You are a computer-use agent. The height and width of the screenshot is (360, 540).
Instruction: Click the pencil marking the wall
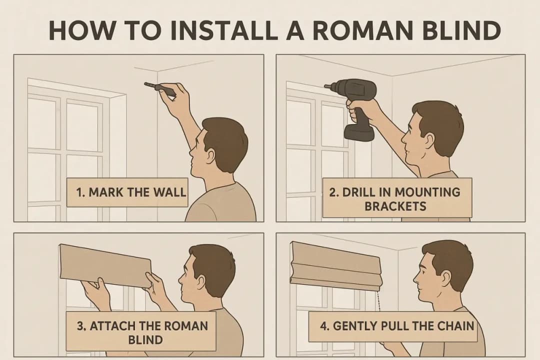pyautogui.click(x=159, y=87)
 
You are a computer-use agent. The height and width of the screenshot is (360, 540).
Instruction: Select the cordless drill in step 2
pyautogui.click(x=354, y=107)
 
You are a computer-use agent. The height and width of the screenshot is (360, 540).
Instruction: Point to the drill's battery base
pyautogui.click(x=359, y=132)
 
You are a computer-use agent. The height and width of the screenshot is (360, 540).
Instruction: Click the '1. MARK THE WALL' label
pyautogui.click(x=126, y=192)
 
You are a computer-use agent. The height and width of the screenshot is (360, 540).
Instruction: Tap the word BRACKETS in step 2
pyautogui.click(x=395, y=206)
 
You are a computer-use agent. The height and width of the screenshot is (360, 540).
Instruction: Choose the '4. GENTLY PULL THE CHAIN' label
pyautogui.click(x=392, y=326)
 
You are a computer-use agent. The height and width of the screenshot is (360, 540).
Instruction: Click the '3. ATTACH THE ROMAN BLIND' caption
pyautogui.click(x=141, y=332)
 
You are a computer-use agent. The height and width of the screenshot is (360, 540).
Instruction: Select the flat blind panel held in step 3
pyautogui.click(x=105, y=265)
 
